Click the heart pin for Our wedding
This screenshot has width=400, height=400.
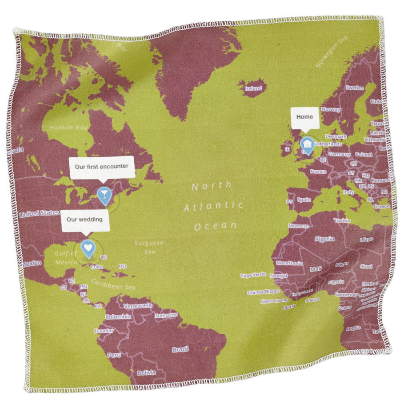pyautogui.click(x=88, y=247)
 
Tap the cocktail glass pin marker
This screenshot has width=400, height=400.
pyautogui.click(x=104, y=194)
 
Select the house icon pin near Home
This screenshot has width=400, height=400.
pyautogui.click(x=307, y=144)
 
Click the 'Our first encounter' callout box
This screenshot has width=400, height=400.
pyautogui.click(x=102, y=167)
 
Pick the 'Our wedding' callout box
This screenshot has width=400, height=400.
pyautogui.click(x=85, y=220)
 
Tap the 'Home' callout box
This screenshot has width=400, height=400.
pyautogui.click(x=305, y=117)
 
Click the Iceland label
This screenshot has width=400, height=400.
pyautogui.click(x=253, y=88)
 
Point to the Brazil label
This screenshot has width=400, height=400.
pyautogui.click(x=180, y=350)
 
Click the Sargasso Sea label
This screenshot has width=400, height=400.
pyautogui.click(x=149, y=247)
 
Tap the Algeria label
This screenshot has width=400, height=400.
pyautogui.click(x=324, y=239)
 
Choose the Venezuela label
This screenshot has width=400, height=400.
pyautogui.click(x=137, y=306)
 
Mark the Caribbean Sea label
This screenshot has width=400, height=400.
pyautogui.click(x=113, y=284)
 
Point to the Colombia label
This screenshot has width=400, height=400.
pyautogui.click(x=118, y=317)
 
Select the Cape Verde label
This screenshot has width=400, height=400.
pyautogui.click(x=253, y=275)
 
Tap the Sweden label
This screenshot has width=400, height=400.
pyautogui.click(x=354, y=88)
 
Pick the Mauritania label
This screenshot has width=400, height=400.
pyautogui.click(x=289, y=263)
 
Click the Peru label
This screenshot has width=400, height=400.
pyautogui.click(x=114, y=355)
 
